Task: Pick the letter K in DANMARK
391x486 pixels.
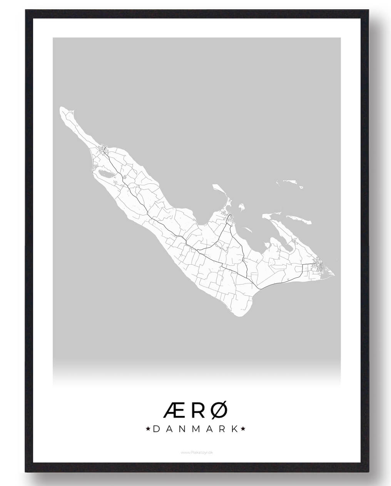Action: pyautogui.click(x=234, y=429)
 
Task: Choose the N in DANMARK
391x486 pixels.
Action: pyautogui.click(x=182, y=429)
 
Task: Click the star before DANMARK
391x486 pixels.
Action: pyautogui.click(x=148, y=429)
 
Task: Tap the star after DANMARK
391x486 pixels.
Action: pyautogui.click(x=243, y=429)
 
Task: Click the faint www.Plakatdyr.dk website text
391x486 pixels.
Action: pyautogui.click(x=195, y=453)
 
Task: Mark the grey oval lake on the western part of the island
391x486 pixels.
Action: pyautogui.click(x=105, y=173)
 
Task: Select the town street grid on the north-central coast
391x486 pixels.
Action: pyautogui.click(x=229, y=218)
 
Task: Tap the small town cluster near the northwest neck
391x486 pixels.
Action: pyautogui.click(x=104, y=149)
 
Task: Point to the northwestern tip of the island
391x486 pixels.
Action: pyautogui.click(x=63, y=110)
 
